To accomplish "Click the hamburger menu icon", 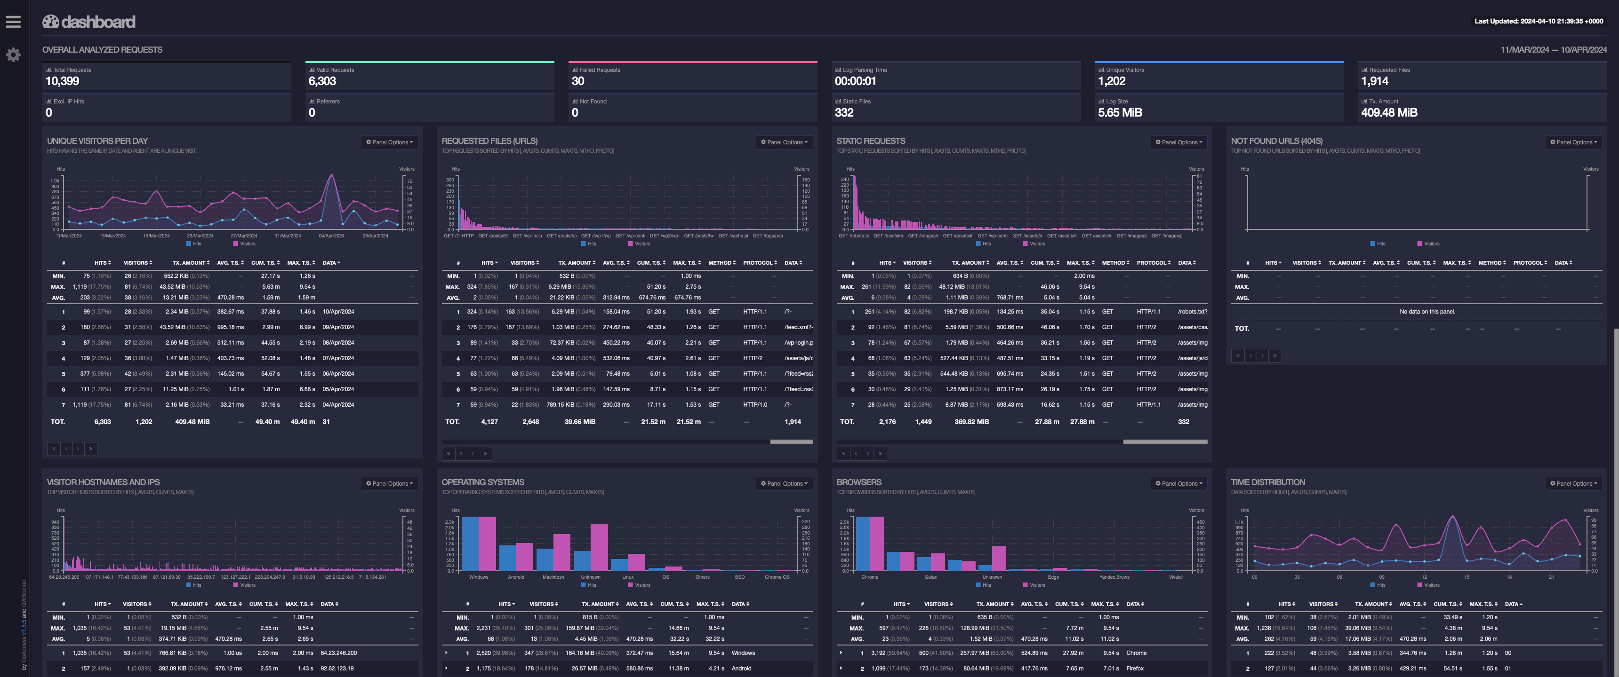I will [13, 22].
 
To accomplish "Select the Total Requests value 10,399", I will [62, 81].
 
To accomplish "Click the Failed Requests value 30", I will [577, 81].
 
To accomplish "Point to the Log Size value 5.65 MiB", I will [1119, 112].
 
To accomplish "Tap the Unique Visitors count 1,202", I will [1111, 81].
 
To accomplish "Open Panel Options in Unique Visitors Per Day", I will [390, 142].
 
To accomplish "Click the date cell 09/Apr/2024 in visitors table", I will [338, 327].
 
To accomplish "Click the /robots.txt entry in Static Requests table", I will [1192, 312].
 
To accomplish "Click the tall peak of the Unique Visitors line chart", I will [332, 176].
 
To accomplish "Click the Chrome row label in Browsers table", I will [1136, 653].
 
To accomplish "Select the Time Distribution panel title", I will [1268, 482].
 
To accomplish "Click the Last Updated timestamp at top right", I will [1539, 21].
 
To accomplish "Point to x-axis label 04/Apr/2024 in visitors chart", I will [331, 236].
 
